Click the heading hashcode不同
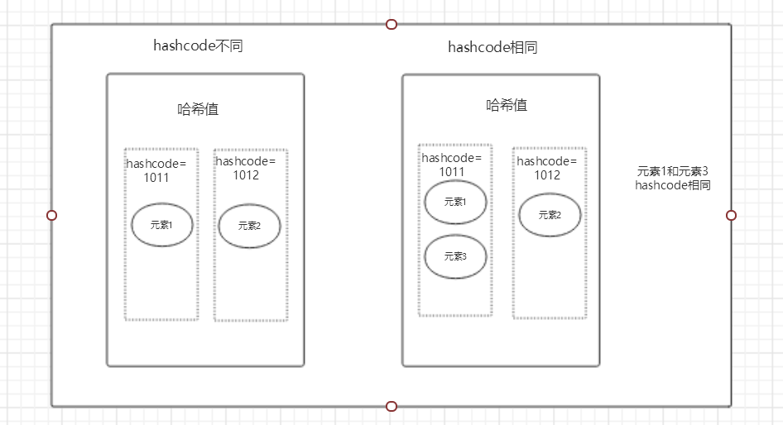(198, 46)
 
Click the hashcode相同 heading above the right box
(492, 47)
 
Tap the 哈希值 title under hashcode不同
(198, 108)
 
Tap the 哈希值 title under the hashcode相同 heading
(507, 105)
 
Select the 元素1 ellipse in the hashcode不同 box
(162, 224)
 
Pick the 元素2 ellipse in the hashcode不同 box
(249, 226)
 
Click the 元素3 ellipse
(455, 256)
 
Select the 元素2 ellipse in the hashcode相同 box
(550, 215)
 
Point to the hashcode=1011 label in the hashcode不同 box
(156, 170)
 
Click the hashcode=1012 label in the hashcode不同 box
(246, 168)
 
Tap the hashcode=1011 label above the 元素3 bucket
(452, 165)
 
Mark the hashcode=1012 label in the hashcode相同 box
(547, 168)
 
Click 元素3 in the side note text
(694, 171)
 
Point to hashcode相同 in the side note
(672, 185)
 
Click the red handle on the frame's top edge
(391, 24)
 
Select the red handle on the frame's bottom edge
(391, 406)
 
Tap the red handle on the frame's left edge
(51, 215)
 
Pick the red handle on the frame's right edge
(731, 215)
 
